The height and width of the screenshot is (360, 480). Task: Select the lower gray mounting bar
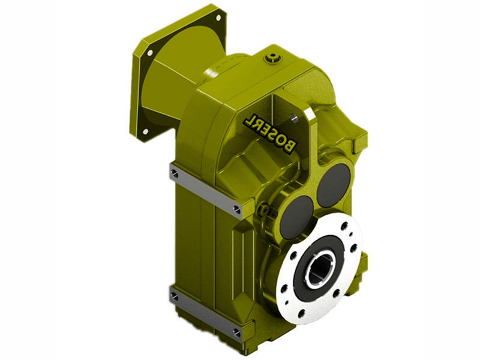pyautogui.click(x=205, y=312)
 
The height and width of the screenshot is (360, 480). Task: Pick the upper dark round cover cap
pyautogui.click(x=334, y=181)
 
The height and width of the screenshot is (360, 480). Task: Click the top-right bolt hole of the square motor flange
pyautogui.click(x=218, y=18)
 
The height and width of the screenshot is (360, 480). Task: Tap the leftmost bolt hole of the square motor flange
pyautogui.click(x=149, y=53)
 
